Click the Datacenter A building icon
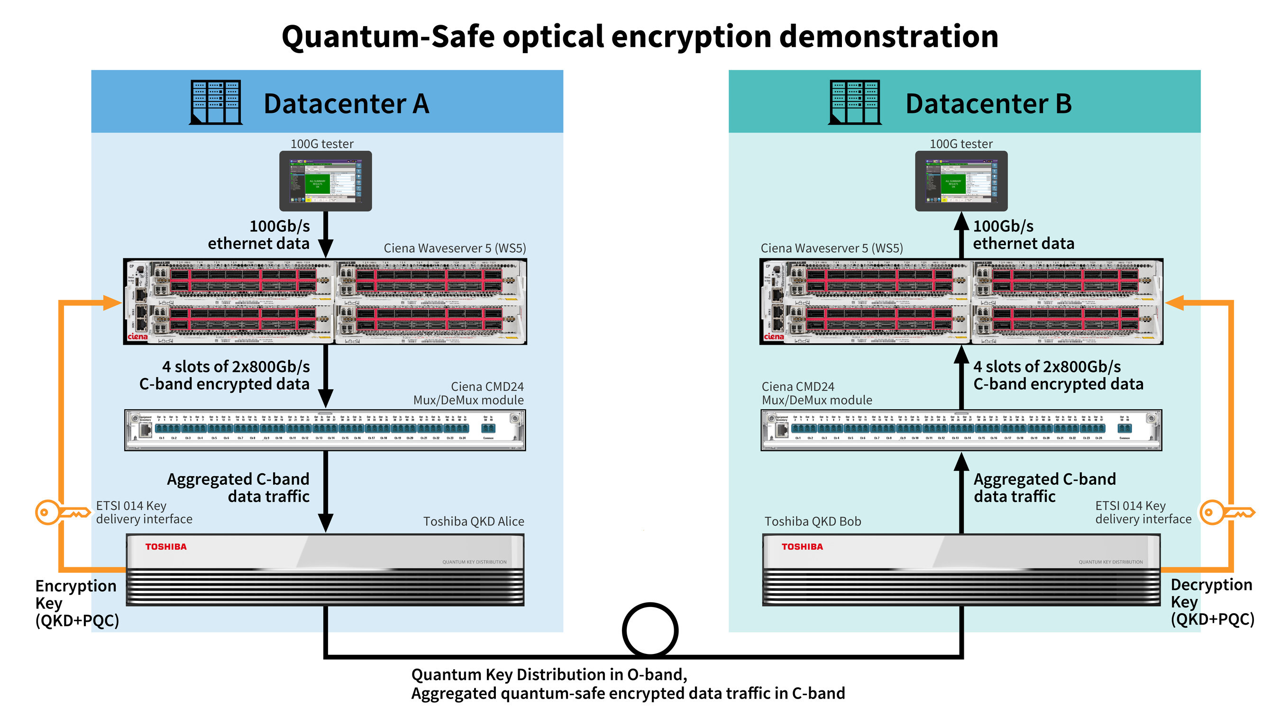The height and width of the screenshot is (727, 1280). tap(216, 102)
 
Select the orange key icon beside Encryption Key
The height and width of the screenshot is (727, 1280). tap(61, 512)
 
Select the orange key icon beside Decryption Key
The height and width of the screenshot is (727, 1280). tap(1225, 512)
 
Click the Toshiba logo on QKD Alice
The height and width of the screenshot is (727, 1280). tap(165, 547)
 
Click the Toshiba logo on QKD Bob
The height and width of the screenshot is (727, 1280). tap(802, 547)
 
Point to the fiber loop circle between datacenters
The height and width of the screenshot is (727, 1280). tap(650, 630)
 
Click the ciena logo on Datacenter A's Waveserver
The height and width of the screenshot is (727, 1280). tap(137, 337)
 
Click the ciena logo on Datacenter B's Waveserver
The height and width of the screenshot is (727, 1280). tap(774, 337)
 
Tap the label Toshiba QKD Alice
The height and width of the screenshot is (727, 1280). tap(473, 521)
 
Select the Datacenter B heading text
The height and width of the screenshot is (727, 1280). tap(988, 104)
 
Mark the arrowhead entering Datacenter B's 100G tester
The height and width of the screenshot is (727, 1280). tap(961, 221)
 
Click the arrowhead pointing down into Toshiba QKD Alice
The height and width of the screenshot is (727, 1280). tap(325, 523)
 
